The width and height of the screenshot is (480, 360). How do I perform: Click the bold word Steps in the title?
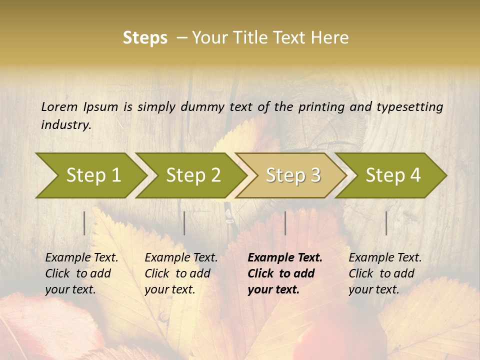coord(145,38)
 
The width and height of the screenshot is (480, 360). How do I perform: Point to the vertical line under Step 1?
coord(84,223)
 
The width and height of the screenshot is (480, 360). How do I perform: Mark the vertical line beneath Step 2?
coord(184,223)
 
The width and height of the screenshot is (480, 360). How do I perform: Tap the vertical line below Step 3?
coord(285,223)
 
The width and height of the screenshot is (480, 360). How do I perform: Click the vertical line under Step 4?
coord(386,223)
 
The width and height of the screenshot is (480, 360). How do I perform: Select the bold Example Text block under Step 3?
coord(285,273)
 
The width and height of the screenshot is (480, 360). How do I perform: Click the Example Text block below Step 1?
coord(81,273)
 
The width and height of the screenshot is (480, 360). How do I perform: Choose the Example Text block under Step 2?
coord(181,273)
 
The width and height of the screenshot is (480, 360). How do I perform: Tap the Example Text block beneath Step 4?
coord(385,273)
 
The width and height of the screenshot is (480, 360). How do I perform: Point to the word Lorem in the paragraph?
coord(59,106)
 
